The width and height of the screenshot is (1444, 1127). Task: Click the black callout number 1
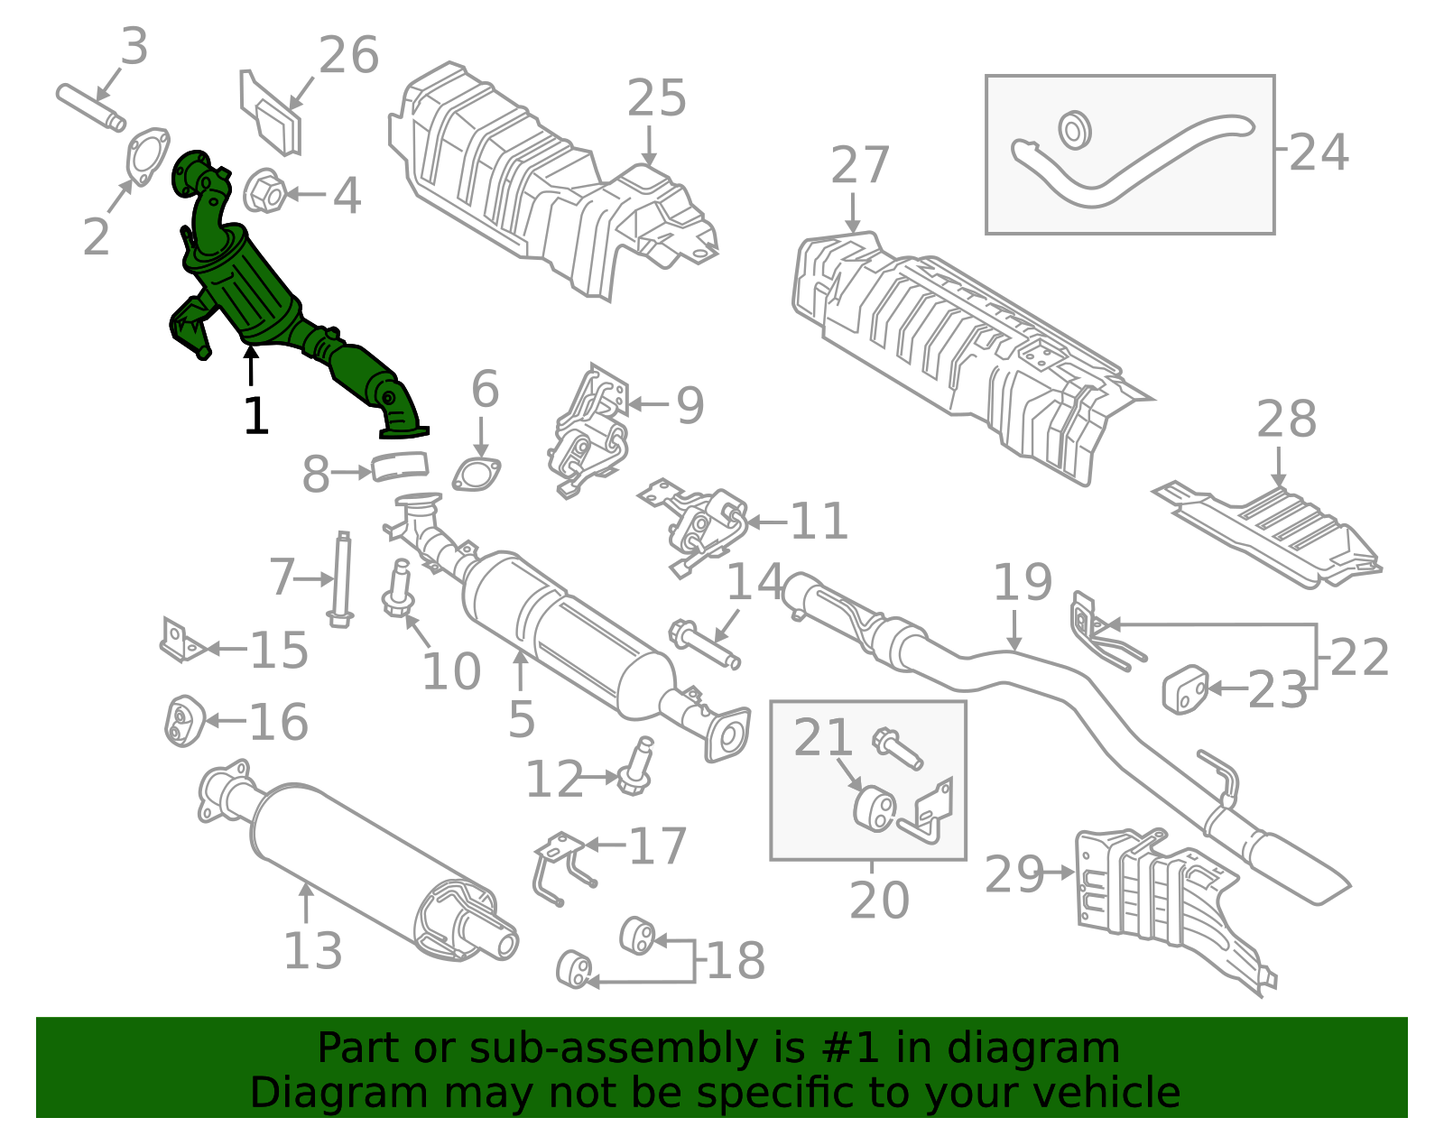tap(256, 416)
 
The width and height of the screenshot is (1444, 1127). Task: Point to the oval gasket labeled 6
tap(477, 475)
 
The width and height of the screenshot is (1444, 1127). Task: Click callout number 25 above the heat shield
tap(656, 98)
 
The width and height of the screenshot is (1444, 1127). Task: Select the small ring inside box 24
tap(1074, 131)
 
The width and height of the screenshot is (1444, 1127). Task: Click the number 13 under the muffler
tap(312, 950)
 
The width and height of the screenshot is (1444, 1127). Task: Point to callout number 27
tap(859, 165)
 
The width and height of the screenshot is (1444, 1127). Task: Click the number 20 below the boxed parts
tap(879, 900)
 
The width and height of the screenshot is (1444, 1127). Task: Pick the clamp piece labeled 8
tap(400, 467)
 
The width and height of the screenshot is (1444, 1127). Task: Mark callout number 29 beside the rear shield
tap(1014, 874)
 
